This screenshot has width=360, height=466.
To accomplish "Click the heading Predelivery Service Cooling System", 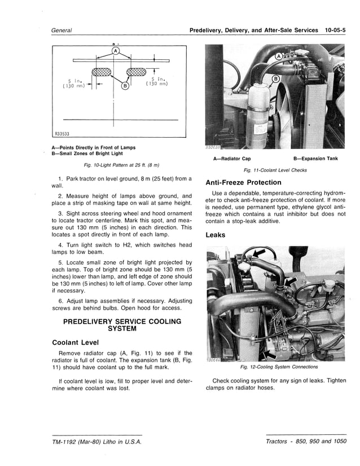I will tap(122, 325).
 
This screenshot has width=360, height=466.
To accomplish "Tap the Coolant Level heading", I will tap(76, 342).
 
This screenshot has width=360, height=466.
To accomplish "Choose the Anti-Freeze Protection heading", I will tap(243, 182).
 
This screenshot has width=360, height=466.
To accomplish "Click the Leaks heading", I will tap(216, 235).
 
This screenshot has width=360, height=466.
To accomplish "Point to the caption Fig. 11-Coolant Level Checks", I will tap(275, 170).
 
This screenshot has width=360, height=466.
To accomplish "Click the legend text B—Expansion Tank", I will tap(315, 159).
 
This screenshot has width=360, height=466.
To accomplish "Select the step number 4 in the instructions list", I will tap(60, 245).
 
